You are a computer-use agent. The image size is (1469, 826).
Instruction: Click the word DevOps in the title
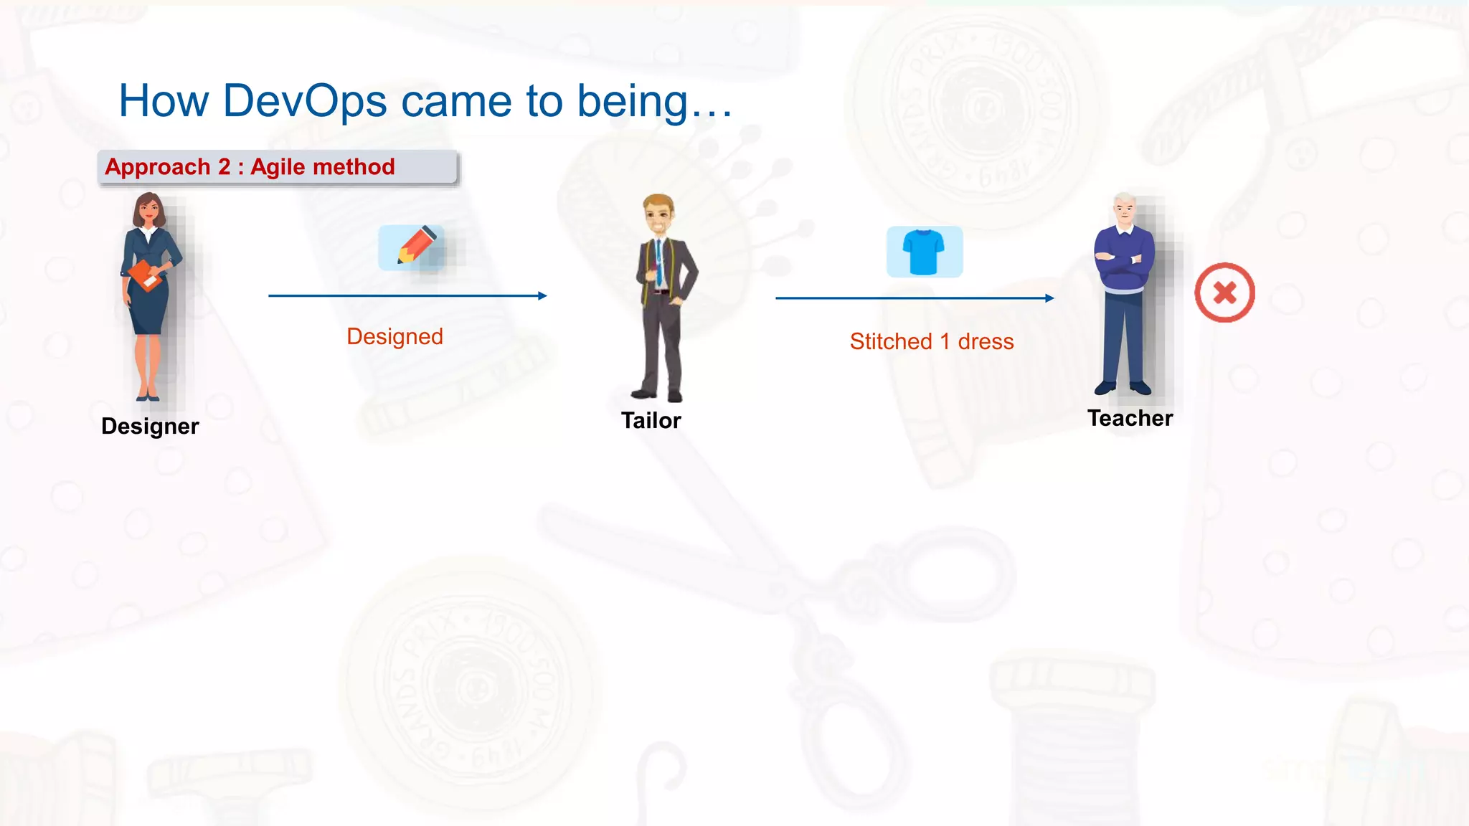click(x=305, y=101)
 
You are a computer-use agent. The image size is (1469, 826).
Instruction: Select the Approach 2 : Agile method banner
click(x=278, y=167)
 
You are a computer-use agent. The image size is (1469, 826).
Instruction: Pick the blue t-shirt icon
click(x=924, y=252)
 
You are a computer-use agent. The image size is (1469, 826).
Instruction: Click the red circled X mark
click(x=1224, y=293)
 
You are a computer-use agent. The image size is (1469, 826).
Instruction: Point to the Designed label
click(x=395, y=336)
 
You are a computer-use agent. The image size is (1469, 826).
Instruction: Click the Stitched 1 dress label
click(x=931, y=341)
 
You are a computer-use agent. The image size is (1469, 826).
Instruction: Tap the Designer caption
click(x=150, y=426)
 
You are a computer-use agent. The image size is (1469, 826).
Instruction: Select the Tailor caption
click(x=651, y=420)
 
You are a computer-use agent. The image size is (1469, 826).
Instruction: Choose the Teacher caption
click(x=1130, y=418)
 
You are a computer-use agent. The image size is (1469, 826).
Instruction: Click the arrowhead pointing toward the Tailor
click(x=542, y=295)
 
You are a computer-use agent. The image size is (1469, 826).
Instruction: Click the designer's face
click(x=148, y=211)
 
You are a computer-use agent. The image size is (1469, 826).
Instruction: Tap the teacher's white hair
click(x=1124, y=199)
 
